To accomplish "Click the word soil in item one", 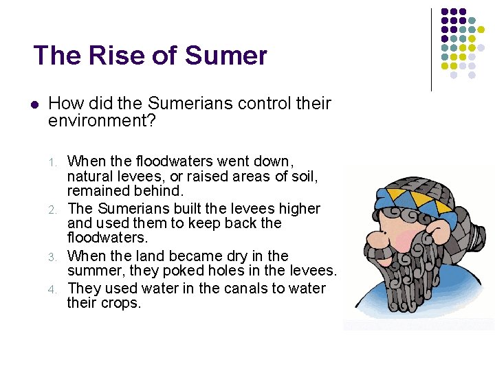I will tap(299, 177).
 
